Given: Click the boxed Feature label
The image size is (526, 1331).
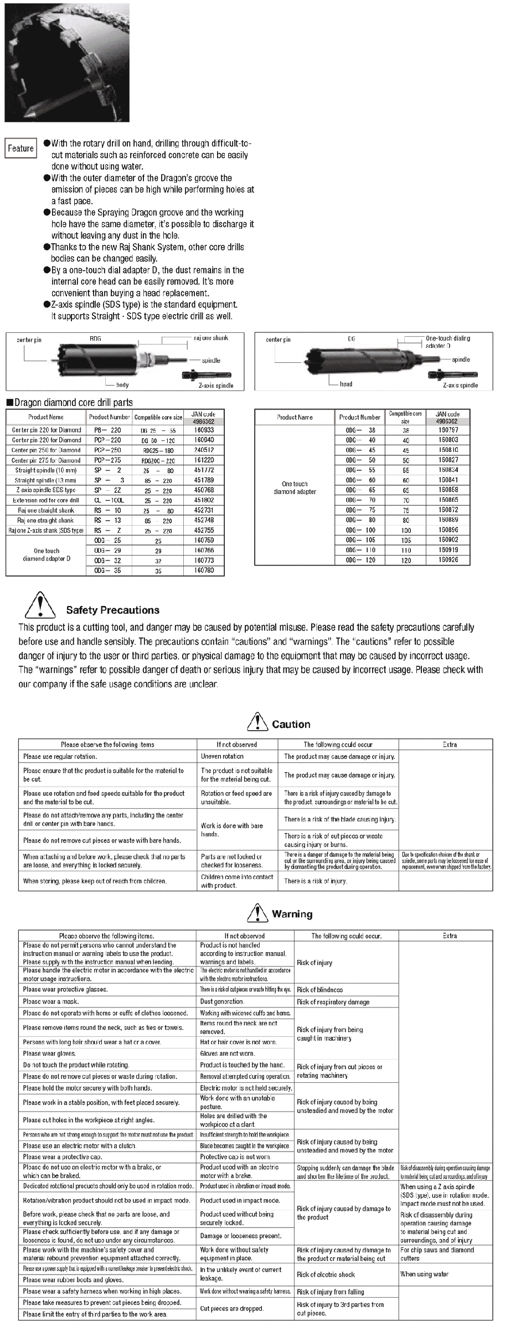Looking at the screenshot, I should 21,148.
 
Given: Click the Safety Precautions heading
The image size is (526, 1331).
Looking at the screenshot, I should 112,610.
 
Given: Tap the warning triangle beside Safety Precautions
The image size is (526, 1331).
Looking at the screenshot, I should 40,605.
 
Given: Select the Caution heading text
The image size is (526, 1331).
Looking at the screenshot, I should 291,724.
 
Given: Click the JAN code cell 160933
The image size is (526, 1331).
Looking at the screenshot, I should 204,430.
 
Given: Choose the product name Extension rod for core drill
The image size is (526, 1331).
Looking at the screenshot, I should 46,500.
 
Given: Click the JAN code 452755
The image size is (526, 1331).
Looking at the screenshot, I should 204,530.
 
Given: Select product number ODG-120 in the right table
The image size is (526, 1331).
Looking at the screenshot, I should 360,560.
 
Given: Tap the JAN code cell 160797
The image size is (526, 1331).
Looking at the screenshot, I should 448,430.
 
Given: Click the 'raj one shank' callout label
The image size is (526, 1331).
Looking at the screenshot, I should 211,338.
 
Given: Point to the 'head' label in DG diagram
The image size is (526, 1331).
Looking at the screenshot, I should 346,384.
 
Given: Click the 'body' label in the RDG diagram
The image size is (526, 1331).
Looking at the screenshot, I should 122,385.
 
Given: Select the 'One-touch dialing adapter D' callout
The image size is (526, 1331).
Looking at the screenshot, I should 447,342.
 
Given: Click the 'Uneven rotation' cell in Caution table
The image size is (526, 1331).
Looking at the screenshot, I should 223,756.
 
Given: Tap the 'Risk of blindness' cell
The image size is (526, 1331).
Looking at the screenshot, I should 320,989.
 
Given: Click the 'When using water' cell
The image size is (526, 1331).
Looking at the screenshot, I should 424,1274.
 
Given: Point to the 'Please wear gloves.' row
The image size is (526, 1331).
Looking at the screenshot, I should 50,1054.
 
